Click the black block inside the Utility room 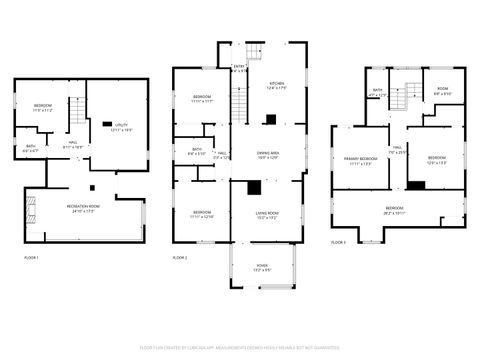pyautogui.click(x=107, y=123)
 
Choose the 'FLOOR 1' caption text pyautogui.click(x=31, y=258)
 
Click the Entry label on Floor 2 pyautogui.click(x=239, y=69)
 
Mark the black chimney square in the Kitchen pyautogui.click(x=270, y=119)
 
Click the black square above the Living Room pyautogui.click(x=255, y=186)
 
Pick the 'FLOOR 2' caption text pyautogui.click(x=180, y=258)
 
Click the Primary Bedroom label pyautogui.click(x=360, y=160)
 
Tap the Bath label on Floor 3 pyautogui.click(x=377, y=93)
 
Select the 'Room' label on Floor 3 pyautogui.click(x=442, y=92)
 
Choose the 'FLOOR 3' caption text pyautogui.click(x=339, y=242)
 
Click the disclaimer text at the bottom pyautogui.click(x=240, y=347)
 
